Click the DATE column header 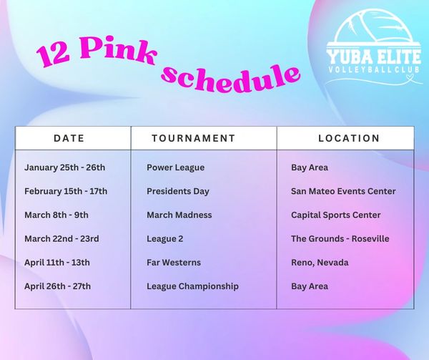(x=69, y=138)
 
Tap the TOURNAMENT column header (x=194, y=138)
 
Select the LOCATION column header (x=349, y=138)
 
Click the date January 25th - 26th (x=64, y=167)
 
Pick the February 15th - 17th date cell (x=66, y=191)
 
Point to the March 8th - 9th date (x=56, y=215)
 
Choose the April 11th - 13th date (x=57, y=263)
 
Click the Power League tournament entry (x=175, y=167)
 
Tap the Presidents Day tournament (x=178, y=191)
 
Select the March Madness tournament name (x=179, y=215)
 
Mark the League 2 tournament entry (x=164, y=239)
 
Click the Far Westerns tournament (x=174, y=263)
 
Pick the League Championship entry (x=192, y=286)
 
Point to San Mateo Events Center (x=343, y=191)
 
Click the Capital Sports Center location (x=336, y=215)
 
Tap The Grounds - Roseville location (x=340, y=239)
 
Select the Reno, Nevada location (x=320, y=263)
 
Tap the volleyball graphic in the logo (x=374, y=26)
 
